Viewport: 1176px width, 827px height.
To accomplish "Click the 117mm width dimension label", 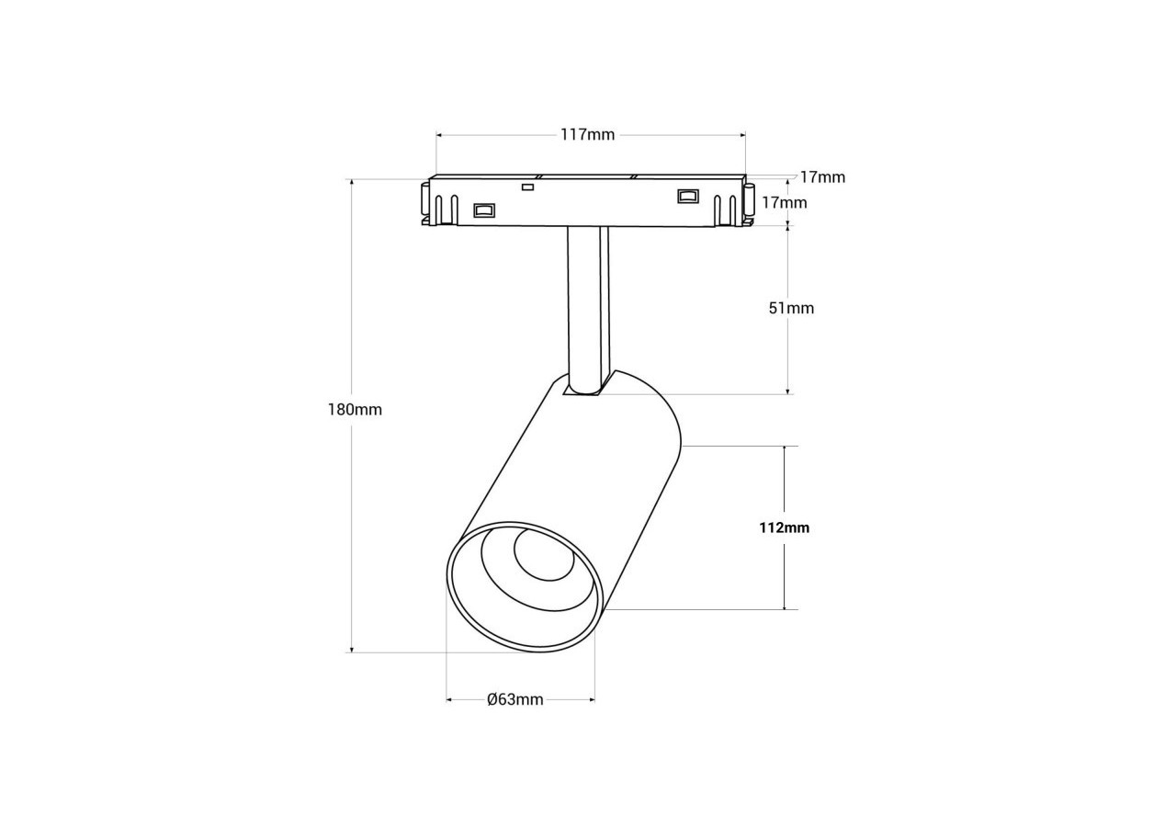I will [588, 135].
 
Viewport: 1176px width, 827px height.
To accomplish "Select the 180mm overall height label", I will [355, 410].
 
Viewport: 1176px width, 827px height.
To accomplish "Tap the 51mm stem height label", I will [791, 308].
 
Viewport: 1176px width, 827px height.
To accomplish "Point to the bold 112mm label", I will [784, 527].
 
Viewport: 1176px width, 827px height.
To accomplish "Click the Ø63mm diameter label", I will [514, 700].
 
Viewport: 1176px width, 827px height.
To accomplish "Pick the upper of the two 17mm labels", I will [821, 177].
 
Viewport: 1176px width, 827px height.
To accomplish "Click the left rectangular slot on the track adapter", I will [483, 210].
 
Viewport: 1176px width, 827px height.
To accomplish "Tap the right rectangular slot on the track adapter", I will [687, 196].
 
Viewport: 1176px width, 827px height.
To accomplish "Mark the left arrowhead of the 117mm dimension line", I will [440, 135].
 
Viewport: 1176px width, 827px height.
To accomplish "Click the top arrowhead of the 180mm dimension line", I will [351, 183].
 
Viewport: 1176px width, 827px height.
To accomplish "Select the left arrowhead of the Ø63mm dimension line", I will [450, 700].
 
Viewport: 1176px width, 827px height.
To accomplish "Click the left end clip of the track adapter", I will [426, 204].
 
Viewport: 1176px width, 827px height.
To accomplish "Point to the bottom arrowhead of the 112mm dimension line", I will [784, 606].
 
